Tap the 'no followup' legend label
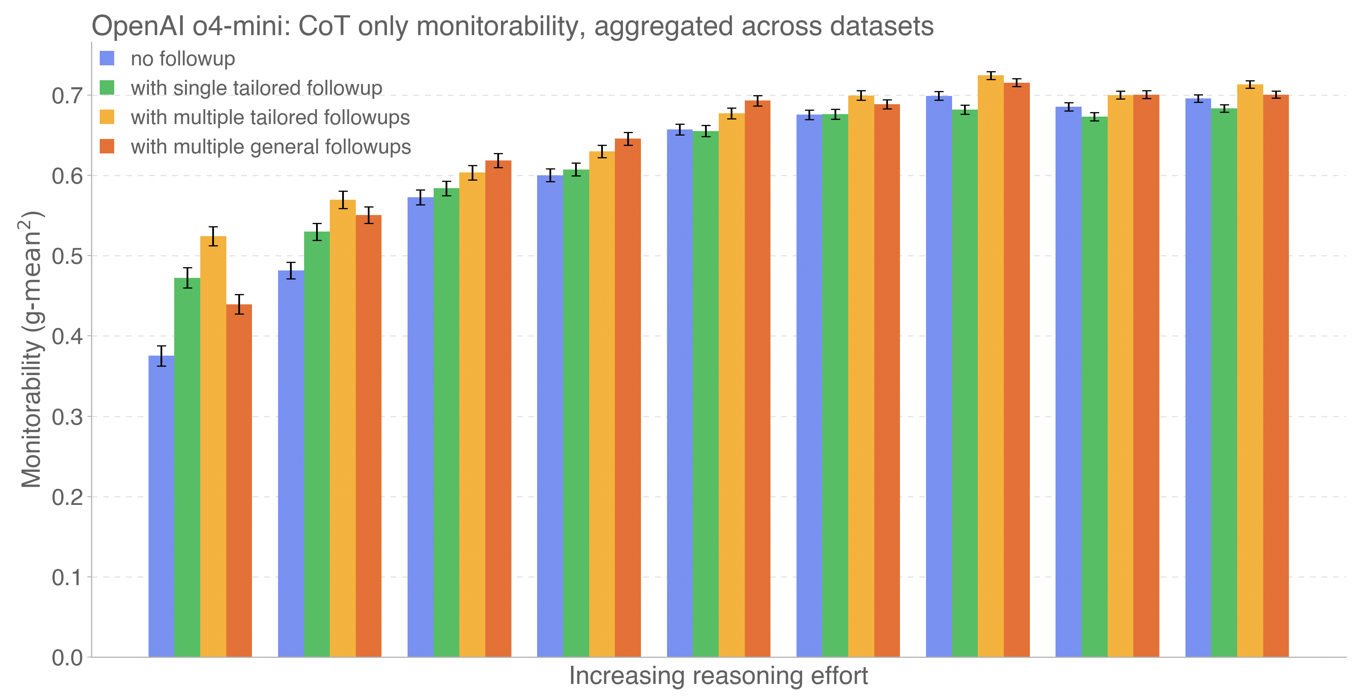click(182, 58)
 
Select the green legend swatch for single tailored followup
click(107, 87)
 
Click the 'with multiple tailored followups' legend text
click(270, 117)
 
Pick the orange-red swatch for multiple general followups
click(107, 146)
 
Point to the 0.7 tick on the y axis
click(67, 96)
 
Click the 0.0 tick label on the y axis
click(67, 657)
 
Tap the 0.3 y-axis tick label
click(67, 417)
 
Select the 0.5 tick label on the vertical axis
click(67, 256)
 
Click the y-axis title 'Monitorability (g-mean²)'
click(31, 350)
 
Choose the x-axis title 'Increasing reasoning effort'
click(718, 676)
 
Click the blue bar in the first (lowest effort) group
click(161, 506)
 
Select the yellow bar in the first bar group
click(213, 448)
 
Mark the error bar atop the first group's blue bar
click(161, 356)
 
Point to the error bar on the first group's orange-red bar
click(239, 304)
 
